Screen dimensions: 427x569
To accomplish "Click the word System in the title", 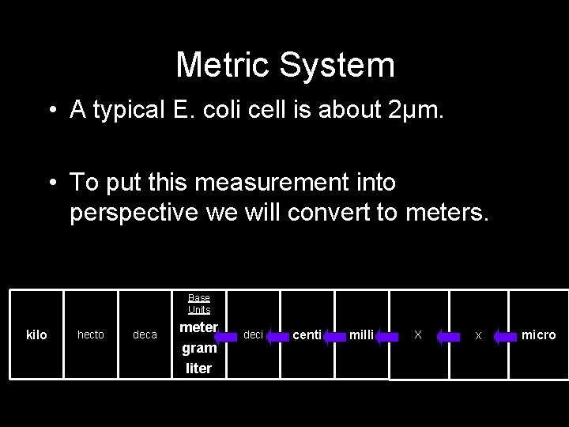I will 341,65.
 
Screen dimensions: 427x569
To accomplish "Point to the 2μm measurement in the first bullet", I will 417,110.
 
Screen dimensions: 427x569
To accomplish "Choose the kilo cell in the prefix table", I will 36,335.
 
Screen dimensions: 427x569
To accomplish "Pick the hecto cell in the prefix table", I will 90,335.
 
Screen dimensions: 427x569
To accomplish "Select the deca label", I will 145,335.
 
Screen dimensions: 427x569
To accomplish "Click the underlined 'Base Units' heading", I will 199,304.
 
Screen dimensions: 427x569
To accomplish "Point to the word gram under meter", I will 199,348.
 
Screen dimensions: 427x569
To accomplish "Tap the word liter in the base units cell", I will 199,368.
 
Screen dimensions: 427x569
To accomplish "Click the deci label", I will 253,335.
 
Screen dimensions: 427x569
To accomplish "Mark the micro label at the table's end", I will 538,335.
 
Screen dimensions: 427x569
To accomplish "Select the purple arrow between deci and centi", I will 278,336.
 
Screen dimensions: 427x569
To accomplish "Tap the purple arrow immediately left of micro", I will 505,336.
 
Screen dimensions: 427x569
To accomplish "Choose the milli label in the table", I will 361,335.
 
